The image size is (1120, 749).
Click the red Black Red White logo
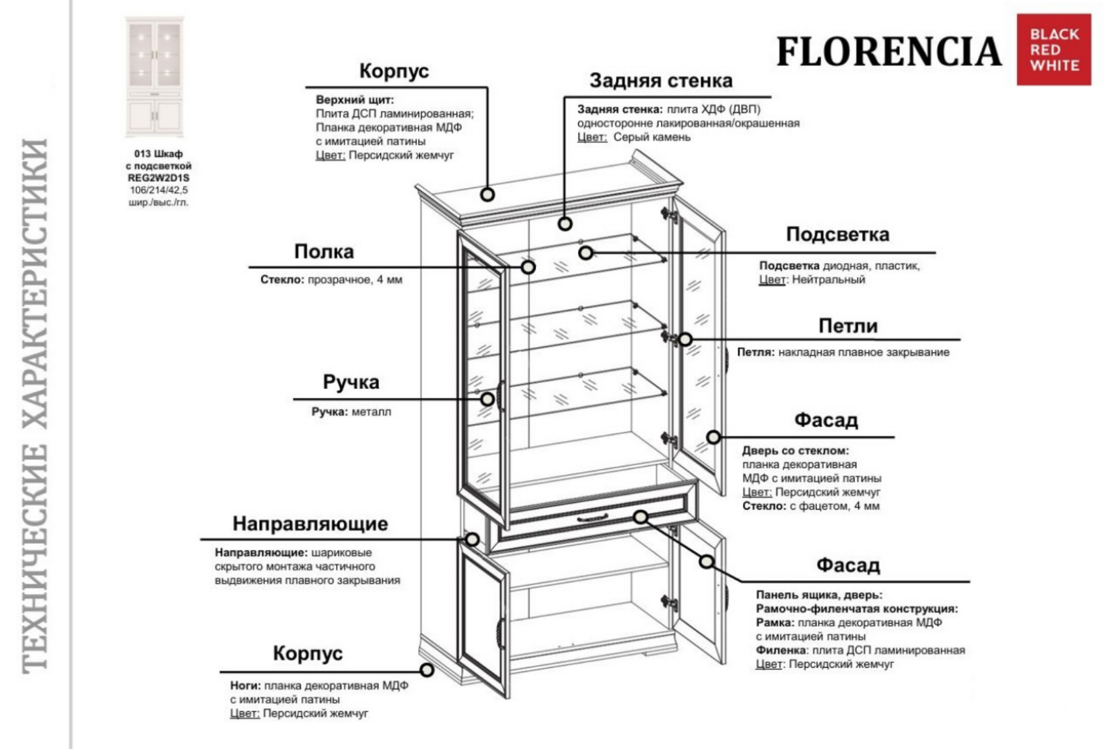(x=1053, y=49)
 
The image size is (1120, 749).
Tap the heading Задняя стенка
(x=660, y=81)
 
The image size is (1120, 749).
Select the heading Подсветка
(x=837, y=234)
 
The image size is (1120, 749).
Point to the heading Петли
(x=847, y=326)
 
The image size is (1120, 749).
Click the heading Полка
(x=324, y=251)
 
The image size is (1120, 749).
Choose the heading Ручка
(x=350, y=382)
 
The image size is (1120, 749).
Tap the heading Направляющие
(x=310, y=524)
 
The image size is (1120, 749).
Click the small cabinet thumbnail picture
(x=155, y=77)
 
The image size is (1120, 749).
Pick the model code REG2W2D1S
(x=158, y=178)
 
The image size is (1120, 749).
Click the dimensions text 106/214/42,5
(x=158, y=190)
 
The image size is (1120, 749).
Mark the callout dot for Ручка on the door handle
(x=487, y=399)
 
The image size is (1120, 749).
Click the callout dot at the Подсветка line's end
(x=585, y=252)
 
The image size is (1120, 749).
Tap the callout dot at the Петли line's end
(x=685, y=339)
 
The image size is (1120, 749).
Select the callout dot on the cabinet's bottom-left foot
(x=427, y=670)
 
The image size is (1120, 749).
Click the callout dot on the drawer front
(x=641, y=516)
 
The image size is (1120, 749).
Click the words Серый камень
(x=651, y=137)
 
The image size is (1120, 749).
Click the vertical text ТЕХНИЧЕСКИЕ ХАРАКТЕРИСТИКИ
(x=36, y=404)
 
